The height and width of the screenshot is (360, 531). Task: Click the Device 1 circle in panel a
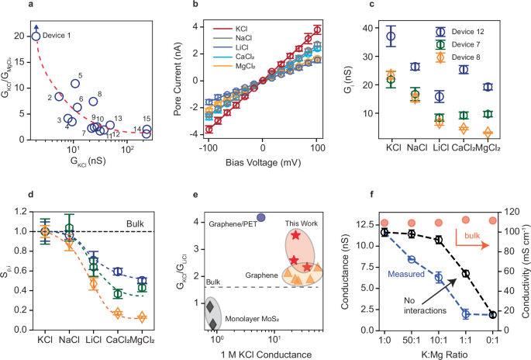[x=36, y=36]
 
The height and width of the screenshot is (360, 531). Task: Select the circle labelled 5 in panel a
[x=75, y=84]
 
